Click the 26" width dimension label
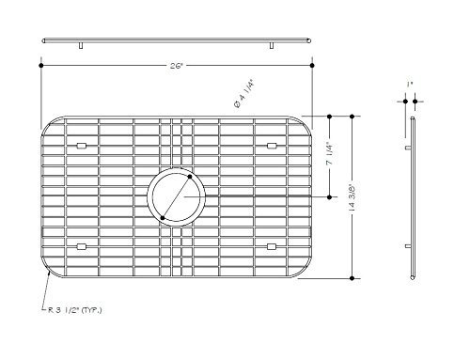[x=177, y=66]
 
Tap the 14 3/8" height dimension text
[x=352, y=197]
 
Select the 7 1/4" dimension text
[x=330, y=154]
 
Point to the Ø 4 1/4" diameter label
[x=243, y=94]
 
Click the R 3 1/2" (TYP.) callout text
[x=75, y=310]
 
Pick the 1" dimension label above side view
[x=410, y=84]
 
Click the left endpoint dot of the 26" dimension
[x=41, y=66]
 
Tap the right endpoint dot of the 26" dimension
[x=312, y=66]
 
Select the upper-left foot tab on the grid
[x=82, y=146]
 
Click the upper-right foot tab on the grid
[x=272, y=146]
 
